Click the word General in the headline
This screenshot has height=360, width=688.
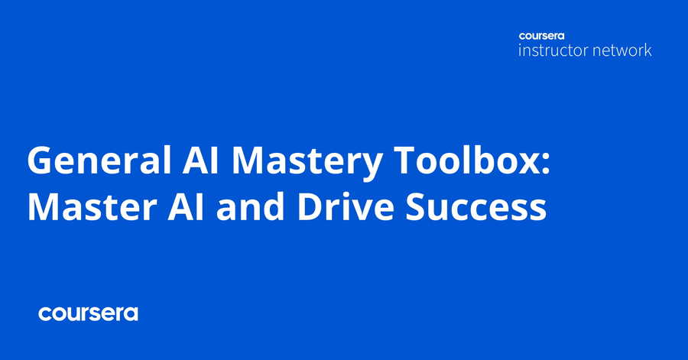(x=99, y=161)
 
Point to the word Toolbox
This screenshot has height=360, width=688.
(x=464, y=161)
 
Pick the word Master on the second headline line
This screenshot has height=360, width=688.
(x=92, y=206)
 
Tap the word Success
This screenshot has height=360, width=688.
(x=475, y=206)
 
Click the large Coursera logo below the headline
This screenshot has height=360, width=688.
(x=88, y=313)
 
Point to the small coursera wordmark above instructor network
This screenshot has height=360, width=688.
(x=541, y=36)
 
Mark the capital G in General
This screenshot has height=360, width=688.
(x=41, y=161)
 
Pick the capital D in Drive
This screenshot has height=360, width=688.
(x=311, y=206)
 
